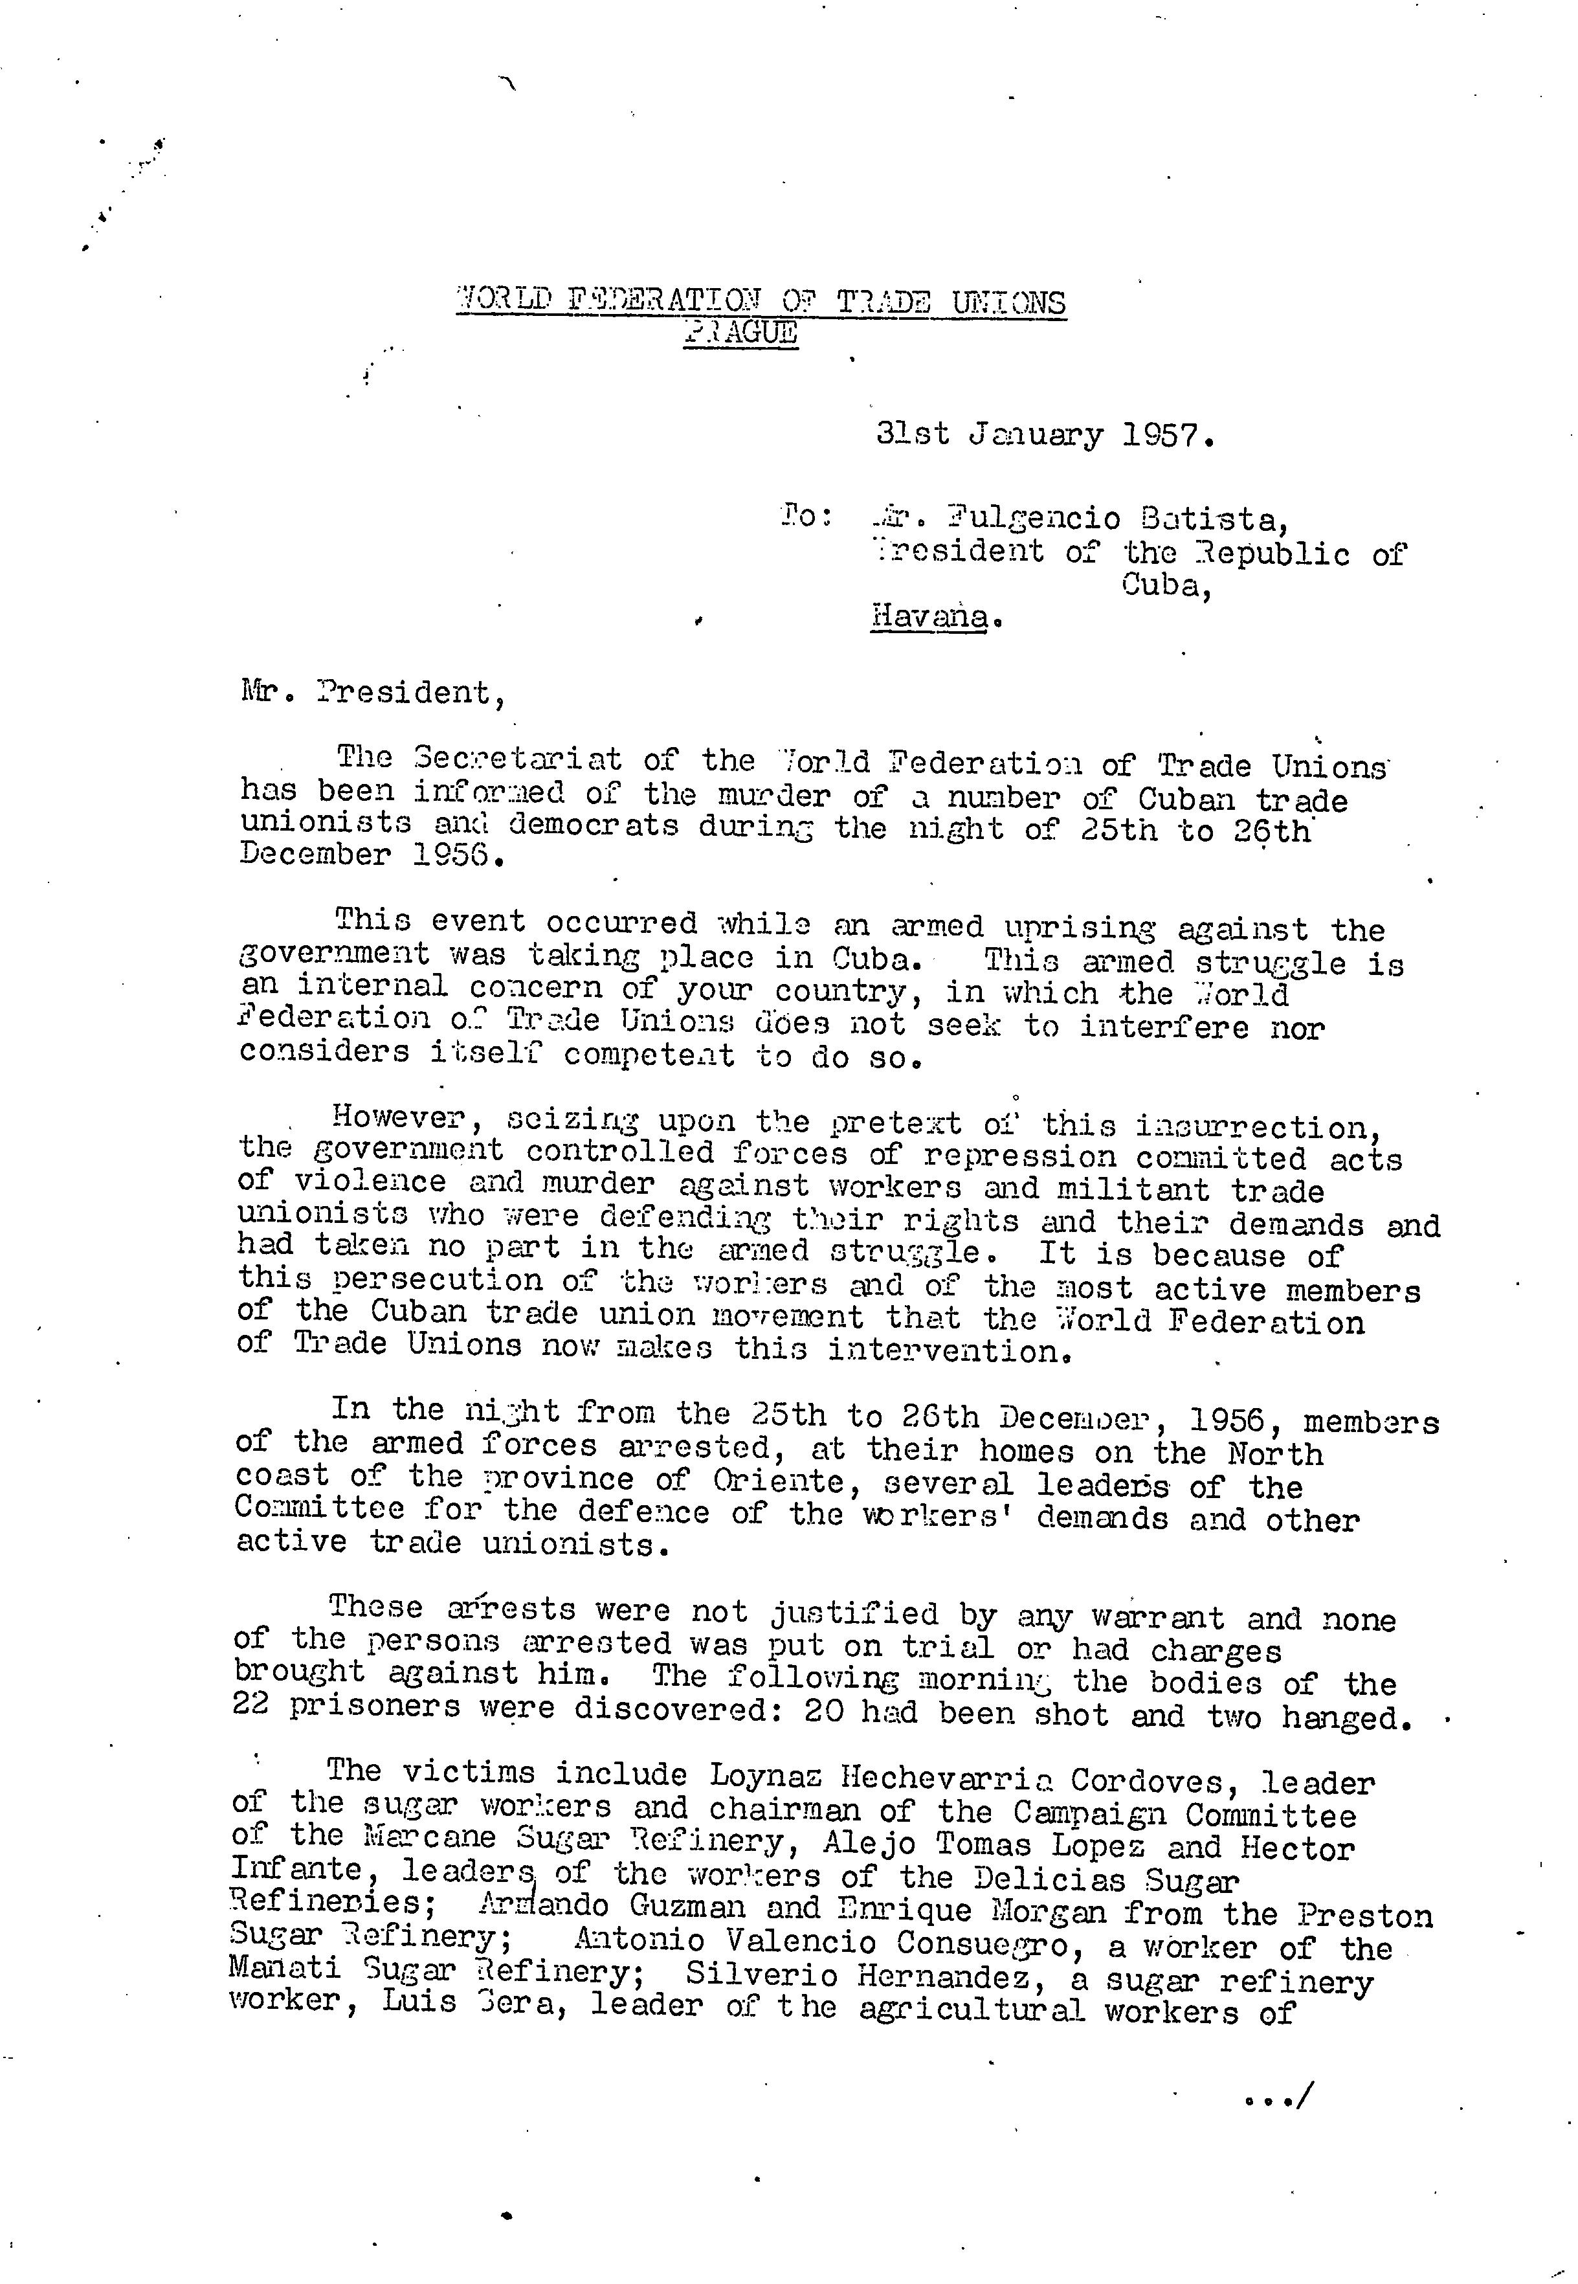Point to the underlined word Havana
click(x=928, y=617)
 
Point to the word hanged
click(x=1344, y=1718)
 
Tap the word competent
click(x=649, y=1055)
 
